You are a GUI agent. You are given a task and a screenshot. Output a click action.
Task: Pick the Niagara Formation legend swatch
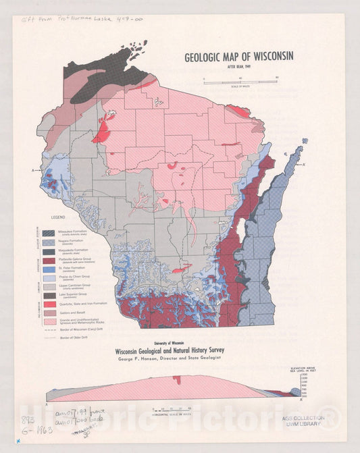tap(49, 242)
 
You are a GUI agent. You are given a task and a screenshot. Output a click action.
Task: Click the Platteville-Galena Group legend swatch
tap(49, 260)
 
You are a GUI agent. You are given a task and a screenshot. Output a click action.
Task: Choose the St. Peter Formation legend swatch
tap(49, 269)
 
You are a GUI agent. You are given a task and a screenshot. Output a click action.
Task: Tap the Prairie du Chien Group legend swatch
tap(49, 278)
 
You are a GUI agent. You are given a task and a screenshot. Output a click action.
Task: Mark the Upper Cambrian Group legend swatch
tap(49, 287)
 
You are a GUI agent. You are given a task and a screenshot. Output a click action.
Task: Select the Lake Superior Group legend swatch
tap(49, 296)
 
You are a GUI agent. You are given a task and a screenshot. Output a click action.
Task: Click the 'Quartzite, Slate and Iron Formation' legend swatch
tap(49, 304)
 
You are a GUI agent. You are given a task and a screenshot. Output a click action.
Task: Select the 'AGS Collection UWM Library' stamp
tap(305, 422)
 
